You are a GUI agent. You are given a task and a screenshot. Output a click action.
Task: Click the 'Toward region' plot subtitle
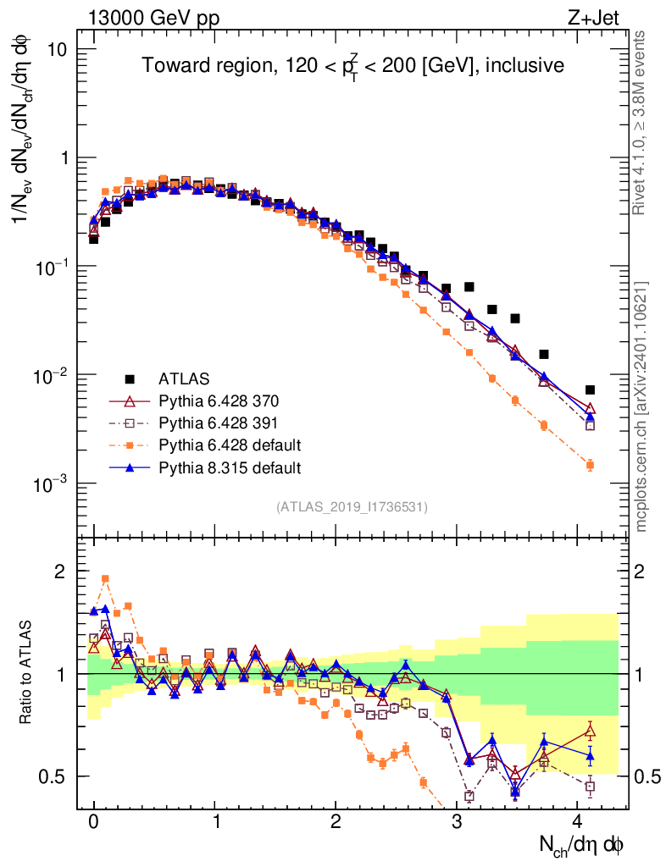click(352, 66)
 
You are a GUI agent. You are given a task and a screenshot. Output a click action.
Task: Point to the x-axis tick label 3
click(458, 821)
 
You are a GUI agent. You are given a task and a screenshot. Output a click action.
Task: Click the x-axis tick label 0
click(93, 821)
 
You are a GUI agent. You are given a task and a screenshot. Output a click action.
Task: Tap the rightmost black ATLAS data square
click(590, 390)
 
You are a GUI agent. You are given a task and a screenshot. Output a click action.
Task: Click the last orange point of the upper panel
click(590, 465)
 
